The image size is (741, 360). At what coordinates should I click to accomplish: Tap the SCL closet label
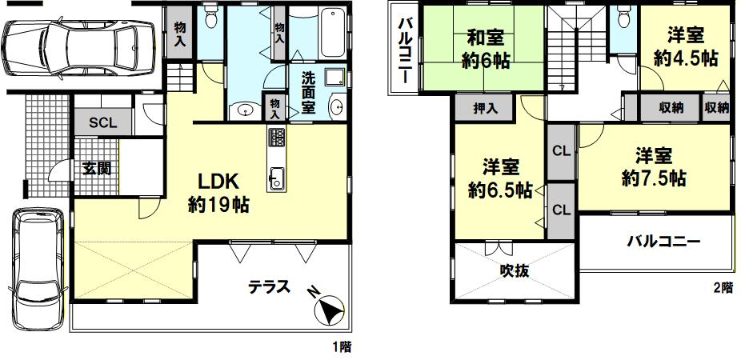pyautogui.click(x=103, y=123)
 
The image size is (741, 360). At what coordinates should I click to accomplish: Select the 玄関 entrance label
pyautogui.click(x=96, y=168)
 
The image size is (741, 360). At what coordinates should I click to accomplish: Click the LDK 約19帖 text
pyautogui.click(x=218, y=193)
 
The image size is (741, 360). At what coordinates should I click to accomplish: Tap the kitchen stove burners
pyautogui.click(x=276, y=138)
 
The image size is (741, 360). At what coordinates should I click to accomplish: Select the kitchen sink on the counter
pyautogui.click(x=275, y=178)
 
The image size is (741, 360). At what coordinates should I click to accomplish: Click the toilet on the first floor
pyautogui.click(x=210, y=18)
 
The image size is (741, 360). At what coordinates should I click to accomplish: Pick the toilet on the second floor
pyautogui.click(x=625, y=18)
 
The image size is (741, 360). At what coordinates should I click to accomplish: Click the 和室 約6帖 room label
pyautogui.click(x=485, y=49)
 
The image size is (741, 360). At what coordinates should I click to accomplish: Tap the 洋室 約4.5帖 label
pyautogui.click(x=685, y=46)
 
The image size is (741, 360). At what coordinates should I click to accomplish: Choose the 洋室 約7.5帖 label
pyautogui.click(x=654, y=166)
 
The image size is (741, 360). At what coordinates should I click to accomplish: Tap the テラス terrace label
pyautogui.click(x=269, y=286)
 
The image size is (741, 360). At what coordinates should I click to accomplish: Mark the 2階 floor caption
pyautogui.click(x=723, y=286)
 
